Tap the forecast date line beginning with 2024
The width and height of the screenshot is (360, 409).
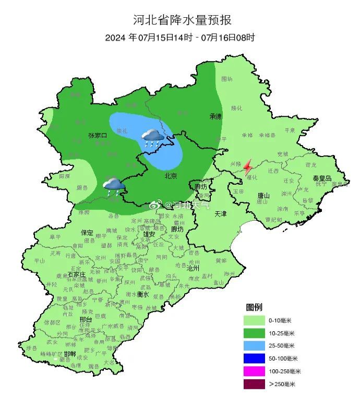[x=180, y=38]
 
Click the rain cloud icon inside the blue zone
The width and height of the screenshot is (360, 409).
[x=153, y=138]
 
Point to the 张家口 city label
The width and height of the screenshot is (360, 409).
[x=98, y=136]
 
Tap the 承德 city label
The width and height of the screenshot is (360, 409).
[x=216, y=116]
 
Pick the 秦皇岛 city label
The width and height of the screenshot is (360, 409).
[x=322, y=178]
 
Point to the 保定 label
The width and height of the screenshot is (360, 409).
[x=87, y=233]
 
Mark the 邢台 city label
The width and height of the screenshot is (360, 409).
[x=86, y=319]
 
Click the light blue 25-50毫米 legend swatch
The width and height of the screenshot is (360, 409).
[x=254, y=345]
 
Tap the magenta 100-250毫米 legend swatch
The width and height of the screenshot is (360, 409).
[x=254, y=371]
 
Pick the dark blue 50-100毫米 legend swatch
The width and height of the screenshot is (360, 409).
[x=254, y=358]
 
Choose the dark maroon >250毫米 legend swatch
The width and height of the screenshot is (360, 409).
[x=254, y=384]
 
